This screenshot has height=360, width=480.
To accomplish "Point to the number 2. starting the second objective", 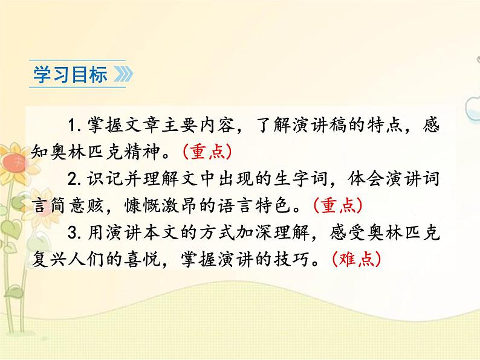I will coord(76,179).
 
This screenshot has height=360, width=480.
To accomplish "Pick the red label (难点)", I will coord(357,259).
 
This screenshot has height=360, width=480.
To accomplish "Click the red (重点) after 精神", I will coord(206,152).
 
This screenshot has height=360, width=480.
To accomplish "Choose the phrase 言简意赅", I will coord(71,205).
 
